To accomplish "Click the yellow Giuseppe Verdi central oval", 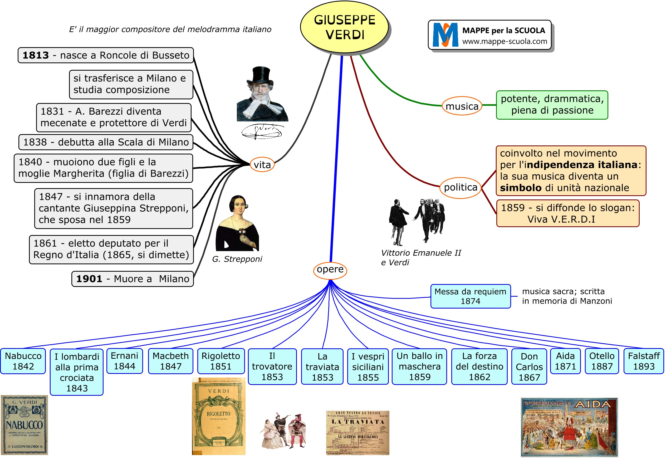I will click(344, 27).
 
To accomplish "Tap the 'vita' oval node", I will click(262, 165).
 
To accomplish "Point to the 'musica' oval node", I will click(462, 106).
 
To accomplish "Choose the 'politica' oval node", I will click(461, 188).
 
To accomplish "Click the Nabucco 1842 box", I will click(23, 361).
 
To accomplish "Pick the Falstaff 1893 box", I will click(644, 361).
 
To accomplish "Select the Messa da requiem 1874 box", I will click(471, 296).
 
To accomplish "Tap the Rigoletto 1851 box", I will click(221, 361).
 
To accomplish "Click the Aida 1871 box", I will click(565, 361).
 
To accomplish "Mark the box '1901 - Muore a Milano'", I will click(133, 279).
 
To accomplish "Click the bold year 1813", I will click(36, 55).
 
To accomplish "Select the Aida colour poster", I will click(569, 427).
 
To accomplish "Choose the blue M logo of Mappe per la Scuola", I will click(445, 35).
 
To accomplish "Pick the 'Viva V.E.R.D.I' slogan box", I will click(567, 213).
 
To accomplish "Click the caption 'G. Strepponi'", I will click(237, 259).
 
